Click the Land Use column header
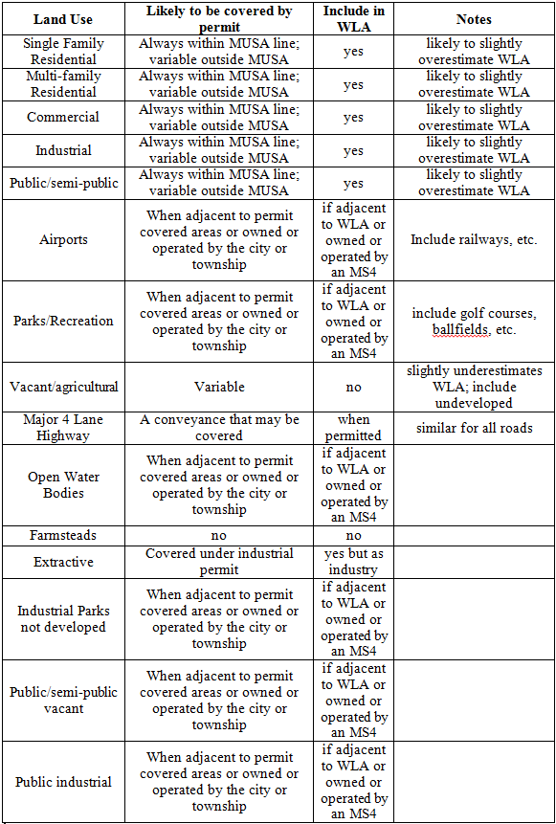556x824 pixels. click(x=62, y=18)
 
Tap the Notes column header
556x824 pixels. click(x=473, y=18)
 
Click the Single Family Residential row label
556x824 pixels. click(x=62, y=52)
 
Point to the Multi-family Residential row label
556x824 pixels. click(x=62, y=84)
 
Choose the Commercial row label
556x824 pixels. click(x=62, y=117)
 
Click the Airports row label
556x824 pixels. click(x=62, y=239)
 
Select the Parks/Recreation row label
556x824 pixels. click(x=62, y=321)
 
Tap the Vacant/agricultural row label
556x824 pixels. click(x=62, y=387)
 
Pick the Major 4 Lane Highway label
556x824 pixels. click(x=62, y=428)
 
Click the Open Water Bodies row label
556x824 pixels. click(x=62, y=484)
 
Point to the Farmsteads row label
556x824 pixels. click(x=62, y=536)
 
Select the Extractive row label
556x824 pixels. click(x=62, y=562)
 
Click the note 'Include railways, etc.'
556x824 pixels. click(x=473, y=239)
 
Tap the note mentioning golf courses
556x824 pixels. click(x=473, y=321)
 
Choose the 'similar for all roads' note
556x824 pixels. click(x=473, y=428)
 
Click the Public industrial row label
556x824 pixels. click(x=62, y=782)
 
